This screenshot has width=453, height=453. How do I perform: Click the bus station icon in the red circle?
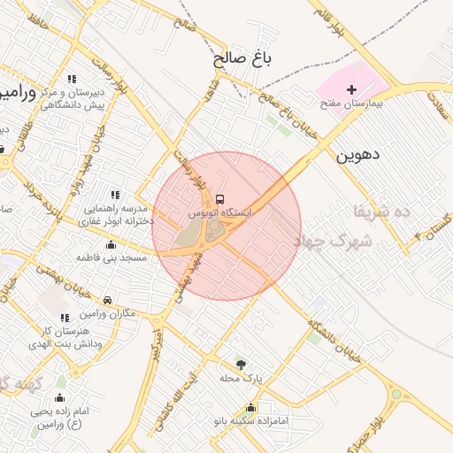click(220, 197)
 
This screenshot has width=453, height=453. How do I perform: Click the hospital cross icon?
click(351, 89)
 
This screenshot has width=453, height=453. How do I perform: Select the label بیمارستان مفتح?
click(351, 104)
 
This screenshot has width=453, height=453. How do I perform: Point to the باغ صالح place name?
click(241, 59)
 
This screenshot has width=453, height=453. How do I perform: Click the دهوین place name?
click(357, 154)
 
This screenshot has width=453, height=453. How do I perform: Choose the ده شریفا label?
click(381, 212)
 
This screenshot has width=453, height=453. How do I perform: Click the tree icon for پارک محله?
click(240, 363)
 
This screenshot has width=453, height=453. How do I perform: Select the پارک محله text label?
click(242, 378)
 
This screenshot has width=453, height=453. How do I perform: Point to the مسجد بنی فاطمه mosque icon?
click(111, 244)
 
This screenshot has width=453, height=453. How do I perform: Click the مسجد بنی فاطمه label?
click(111, 257)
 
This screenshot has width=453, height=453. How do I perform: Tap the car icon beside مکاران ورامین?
click(108, 300)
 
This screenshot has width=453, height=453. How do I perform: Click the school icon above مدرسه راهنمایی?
click(114, 195)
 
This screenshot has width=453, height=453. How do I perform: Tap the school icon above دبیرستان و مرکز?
click(72, 79)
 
